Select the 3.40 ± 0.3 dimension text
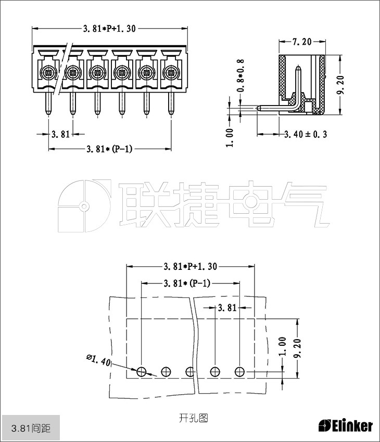pos(305,134)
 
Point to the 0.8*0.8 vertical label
pos(240,75)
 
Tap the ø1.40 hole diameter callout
pos(98,360)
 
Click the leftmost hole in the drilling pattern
pos(142,371)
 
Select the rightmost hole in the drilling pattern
pos(239,371)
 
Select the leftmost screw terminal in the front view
pos(48,72)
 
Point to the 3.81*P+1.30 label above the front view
pos(109,29)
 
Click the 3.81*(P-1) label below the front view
pos(110,149)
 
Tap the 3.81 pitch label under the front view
pos(60,134)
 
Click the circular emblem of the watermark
pos(83,206)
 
